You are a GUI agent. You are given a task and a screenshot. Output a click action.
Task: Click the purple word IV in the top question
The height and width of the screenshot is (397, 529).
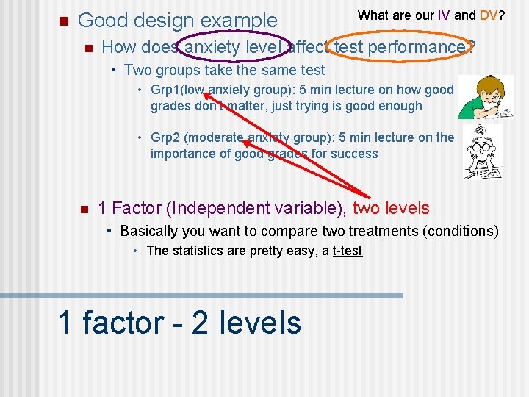pos(445,15)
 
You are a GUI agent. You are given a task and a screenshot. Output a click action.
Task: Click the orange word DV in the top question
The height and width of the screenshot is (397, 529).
pos(489,15)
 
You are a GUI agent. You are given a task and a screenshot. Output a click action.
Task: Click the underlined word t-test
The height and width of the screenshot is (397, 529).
pos(347,251)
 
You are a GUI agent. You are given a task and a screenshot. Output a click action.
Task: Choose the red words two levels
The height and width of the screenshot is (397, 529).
pos(391,209)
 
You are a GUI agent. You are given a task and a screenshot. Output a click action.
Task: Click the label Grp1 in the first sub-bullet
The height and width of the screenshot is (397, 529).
pos(165,90)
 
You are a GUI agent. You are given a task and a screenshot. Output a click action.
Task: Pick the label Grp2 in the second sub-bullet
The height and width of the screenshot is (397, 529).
pos(166,138)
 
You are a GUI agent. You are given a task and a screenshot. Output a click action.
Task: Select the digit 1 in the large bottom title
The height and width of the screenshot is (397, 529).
pos(65,323)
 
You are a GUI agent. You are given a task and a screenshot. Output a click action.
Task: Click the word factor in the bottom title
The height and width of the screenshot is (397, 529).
pos(123,323)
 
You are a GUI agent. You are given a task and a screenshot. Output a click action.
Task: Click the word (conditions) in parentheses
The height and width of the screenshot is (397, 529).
pos(461,231)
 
